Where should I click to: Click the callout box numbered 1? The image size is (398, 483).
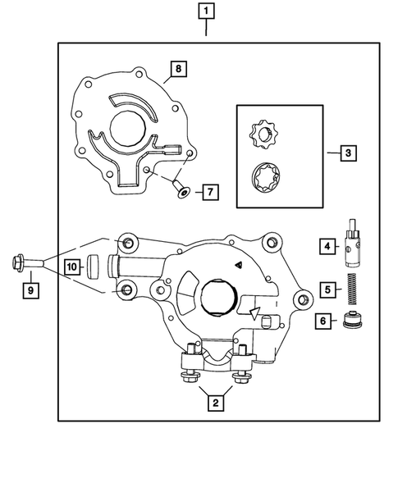click(x=205, y=11)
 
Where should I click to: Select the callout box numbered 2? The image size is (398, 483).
click(x=214, y=402)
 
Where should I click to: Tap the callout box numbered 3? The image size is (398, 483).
click(x=348, y=153)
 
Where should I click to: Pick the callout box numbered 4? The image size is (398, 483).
click(x=326, y=245)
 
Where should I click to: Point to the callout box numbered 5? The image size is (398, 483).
click(x=326, y=289)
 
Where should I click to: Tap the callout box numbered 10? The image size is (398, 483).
click(x=72, y=266)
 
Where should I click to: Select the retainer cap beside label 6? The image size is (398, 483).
click(x=354, y=321)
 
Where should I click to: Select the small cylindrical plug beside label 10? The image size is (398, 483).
click(x=94, y=266)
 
